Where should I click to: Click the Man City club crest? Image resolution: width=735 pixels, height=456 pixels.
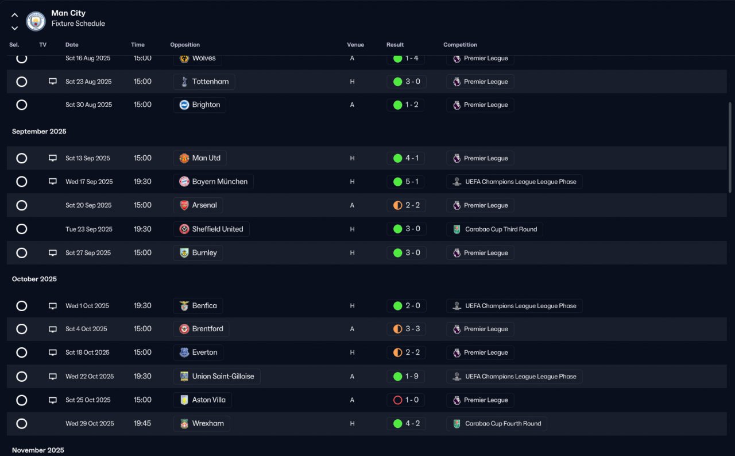tap(36, 21)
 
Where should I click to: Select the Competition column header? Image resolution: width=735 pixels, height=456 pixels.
tap(460, 45)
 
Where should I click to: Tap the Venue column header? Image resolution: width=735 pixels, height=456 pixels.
tap(355, 45)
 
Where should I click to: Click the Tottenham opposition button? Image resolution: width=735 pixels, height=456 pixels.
tap(204, 82)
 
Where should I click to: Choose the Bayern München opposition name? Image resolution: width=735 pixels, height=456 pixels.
tap(219, 181)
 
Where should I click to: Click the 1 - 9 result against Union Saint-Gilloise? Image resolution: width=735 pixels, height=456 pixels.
tap(412, 376)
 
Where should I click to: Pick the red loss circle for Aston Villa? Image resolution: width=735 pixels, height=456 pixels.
tap(398, 400)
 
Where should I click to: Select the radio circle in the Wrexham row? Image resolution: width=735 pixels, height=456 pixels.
tap(22, 423)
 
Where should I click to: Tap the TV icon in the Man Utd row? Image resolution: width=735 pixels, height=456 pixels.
tap(52, 158)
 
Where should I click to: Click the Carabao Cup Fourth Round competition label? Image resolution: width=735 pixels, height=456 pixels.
tap(503, 423)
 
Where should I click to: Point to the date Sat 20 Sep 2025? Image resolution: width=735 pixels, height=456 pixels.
tap(88, 205)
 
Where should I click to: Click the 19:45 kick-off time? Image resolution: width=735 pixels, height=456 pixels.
tap(142, 423)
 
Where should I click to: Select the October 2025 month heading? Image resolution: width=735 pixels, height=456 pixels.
tap(34, 279)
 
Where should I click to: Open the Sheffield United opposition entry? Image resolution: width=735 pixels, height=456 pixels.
tap(211, 229)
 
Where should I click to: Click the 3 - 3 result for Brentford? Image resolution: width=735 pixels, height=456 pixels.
tap(412, 329)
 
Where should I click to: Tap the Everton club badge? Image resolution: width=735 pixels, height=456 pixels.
tap(184, 352)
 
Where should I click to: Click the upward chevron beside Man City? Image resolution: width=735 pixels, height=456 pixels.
tap(14, 15)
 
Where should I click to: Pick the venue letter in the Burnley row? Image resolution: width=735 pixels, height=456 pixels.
tap(352, 253)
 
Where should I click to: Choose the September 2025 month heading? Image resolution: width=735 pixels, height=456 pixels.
tap(39, 132)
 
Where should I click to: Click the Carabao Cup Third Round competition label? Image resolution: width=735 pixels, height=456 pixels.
tap(501, 229)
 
